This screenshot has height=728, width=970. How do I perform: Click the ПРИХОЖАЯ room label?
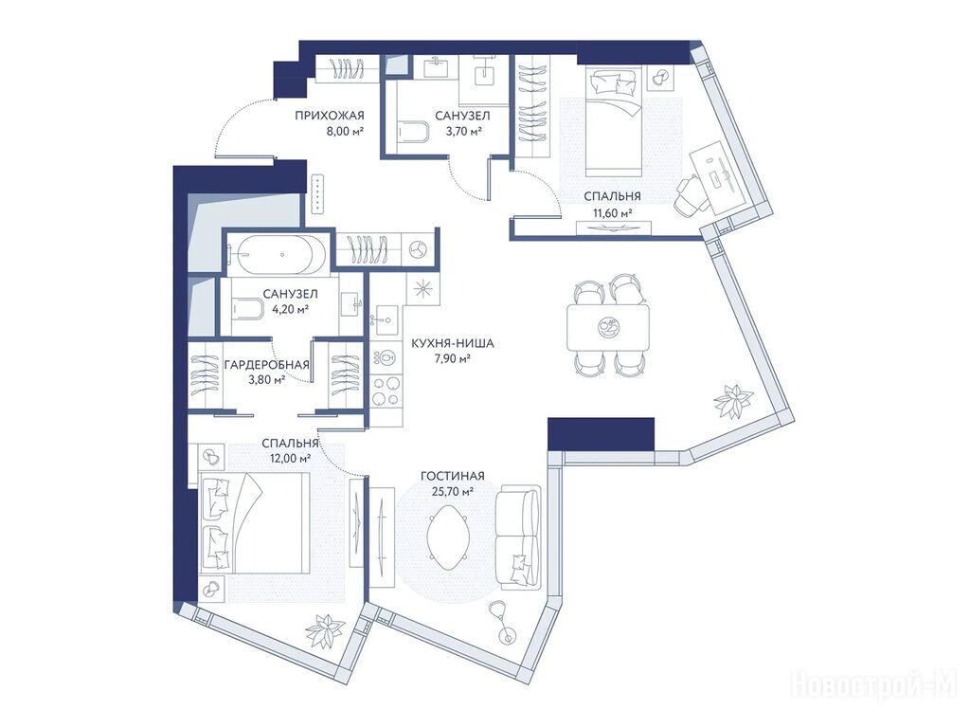[329, 115]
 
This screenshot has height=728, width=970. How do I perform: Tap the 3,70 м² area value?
[464, 131]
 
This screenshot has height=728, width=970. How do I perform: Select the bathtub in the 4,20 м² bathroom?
[277, 254]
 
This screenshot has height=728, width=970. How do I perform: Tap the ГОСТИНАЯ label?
[452, 476]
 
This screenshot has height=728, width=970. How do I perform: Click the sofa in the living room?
[518, 536]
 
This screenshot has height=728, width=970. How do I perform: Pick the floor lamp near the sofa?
[502, 621]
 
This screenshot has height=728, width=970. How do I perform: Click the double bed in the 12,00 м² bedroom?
[254, 522]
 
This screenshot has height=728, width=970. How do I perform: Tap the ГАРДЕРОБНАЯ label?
[266, 365]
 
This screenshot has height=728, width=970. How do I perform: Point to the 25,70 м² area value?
[453, 492]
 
